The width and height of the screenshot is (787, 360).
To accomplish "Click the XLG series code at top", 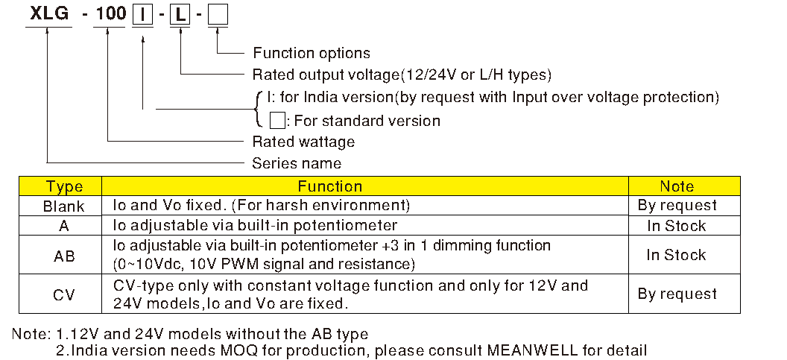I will [x=48, y=16].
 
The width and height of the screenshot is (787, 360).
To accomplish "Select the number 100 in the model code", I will [x=110, y=16].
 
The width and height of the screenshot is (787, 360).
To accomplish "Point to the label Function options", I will [x=311, y=53].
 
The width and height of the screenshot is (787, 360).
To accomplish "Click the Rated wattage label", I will [x=303, y=142].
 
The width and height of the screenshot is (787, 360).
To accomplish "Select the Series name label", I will [x=297, y=163].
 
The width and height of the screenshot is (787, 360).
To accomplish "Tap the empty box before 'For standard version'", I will [x=276, y=120].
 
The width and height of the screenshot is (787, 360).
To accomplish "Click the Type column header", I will [x=64, y=186].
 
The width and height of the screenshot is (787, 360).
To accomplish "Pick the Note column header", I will [x=677, y=186].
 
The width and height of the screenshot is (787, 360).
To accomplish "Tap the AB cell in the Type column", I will [x=64, y=256].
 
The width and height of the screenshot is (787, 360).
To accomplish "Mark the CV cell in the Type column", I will [x=64, y=294].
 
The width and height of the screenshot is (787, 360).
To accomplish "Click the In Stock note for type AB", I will [x=676, y=255].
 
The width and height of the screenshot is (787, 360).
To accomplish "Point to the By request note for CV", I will [x=677, y=294].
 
